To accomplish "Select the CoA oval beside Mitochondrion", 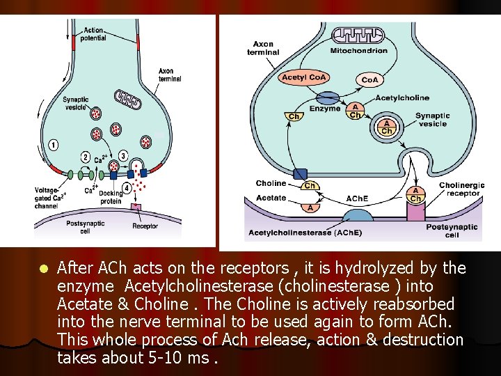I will click(x=369, y=79).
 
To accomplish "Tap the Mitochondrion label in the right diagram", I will click(x=358, y=51).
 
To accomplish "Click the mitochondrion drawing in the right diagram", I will click(x=357, y=36).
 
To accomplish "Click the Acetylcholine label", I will click(x=402, y=98).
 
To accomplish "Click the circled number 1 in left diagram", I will click(x=53, y=145).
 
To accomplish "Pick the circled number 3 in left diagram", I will click(x=123, y=157).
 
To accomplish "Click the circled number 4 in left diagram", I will click(x=127, y=187).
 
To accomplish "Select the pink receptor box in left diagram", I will click(x=136, y=207).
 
